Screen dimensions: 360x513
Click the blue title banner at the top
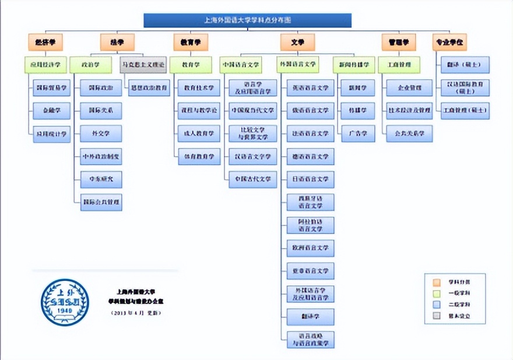click(247, 20)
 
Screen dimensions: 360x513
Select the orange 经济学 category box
click(45, 42)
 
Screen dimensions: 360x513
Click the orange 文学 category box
click(297, 42)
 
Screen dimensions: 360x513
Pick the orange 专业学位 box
click(449, 42)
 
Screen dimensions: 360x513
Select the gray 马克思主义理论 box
click(143, 64)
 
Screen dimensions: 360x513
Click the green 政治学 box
click(90, 64)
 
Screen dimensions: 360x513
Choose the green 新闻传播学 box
click(352, 64)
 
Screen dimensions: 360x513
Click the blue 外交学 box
click(101, 133)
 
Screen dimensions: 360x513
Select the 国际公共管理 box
click(101, 202)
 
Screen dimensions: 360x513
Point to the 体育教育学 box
click(199, 156)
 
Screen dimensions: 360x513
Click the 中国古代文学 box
click(252, 179)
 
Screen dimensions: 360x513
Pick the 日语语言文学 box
click(311, 179)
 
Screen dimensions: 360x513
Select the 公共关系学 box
click(409, 133)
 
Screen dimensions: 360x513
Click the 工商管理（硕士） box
click(465, 111)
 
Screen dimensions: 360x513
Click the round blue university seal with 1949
click(65, 302)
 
